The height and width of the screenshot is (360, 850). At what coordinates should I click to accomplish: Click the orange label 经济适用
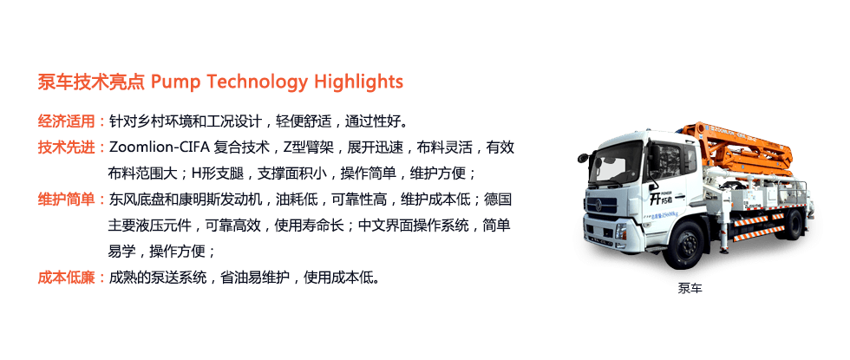[x=66, y=121]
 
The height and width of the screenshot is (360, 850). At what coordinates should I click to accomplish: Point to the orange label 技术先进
[x=66, y=147]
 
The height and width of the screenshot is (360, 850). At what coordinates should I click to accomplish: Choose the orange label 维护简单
[x=66, y=200]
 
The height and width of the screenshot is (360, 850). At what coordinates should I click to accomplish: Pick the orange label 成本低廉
[x=66, y=278]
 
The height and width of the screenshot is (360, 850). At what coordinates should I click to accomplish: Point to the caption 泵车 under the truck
[x=690, y=288]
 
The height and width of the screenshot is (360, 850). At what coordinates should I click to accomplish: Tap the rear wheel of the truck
[x=793, y=224]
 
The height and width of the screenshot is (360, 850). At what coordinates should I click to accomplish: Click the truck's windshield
[x=615, y=161]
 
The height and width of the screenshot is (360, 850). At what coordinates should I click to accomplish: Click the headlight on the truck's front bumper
[x=621, y=231]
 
